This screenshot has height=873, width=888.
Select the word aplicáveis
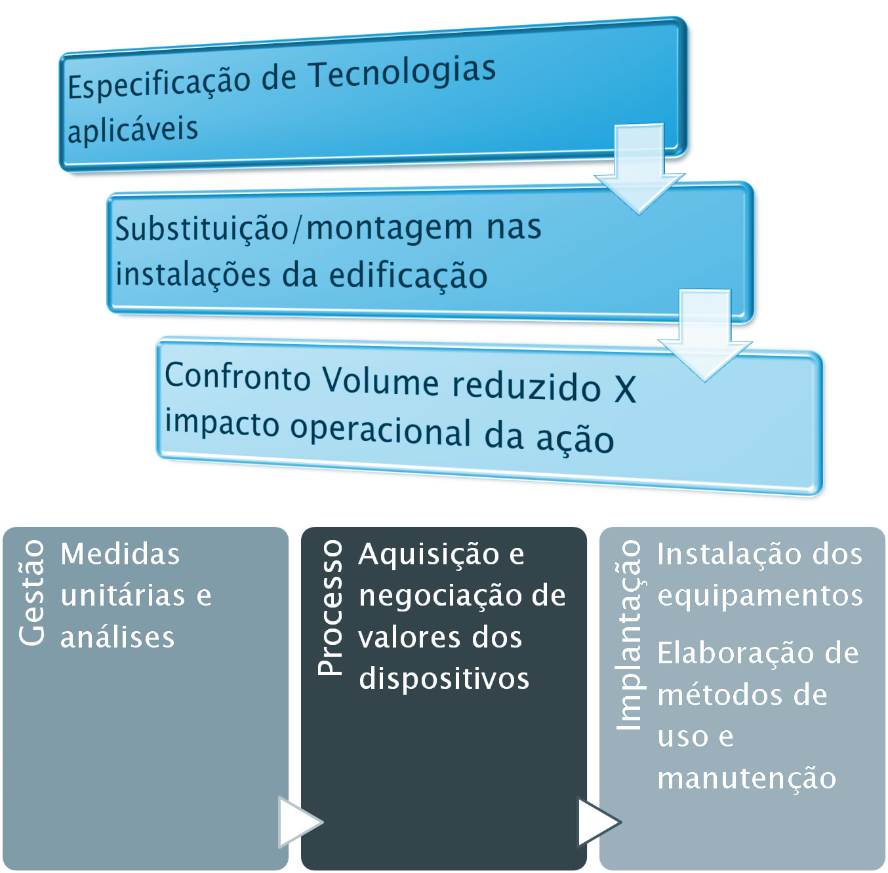click(132, 130)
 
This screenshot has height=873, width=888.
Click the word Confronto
click(238, 376)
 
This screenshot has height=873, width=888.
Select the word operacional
click(380, 431)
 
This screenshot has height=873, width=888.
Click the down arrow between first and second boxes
click(639, 168)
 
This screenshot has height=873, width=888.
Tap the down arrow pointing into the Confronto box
click(705, 336)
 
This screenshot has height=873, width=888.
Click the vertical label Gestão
click(31, 592)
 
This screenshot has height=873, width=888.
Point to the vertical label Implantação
click(629, 634)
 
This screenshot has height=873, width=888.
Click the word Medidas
click(120, 553)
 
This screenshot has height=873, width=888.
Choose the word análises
click(117, 636)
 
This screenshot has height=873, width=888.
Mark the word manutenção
click(746, 779)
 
